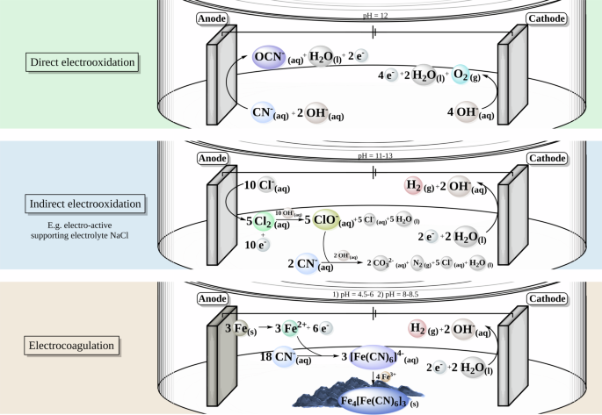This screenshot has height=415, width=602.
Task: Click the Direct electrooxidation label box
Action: (x=86, y=63)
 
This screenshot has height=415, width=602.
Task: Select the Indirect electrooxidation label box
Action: (x=85, y=204)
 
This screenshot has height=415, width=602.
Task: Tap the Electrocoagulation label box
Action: (x=85, y=345)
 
